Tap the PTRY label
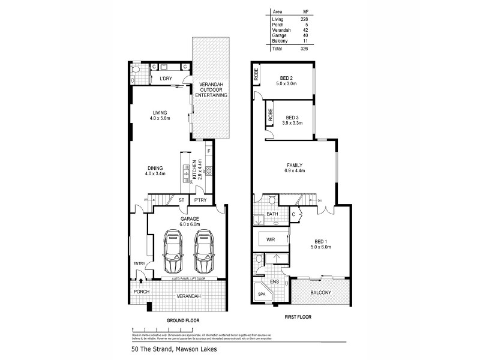pos(200,200)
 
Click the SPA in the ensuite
pos(262,295)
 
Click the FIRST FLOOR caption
pos(298,315)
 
